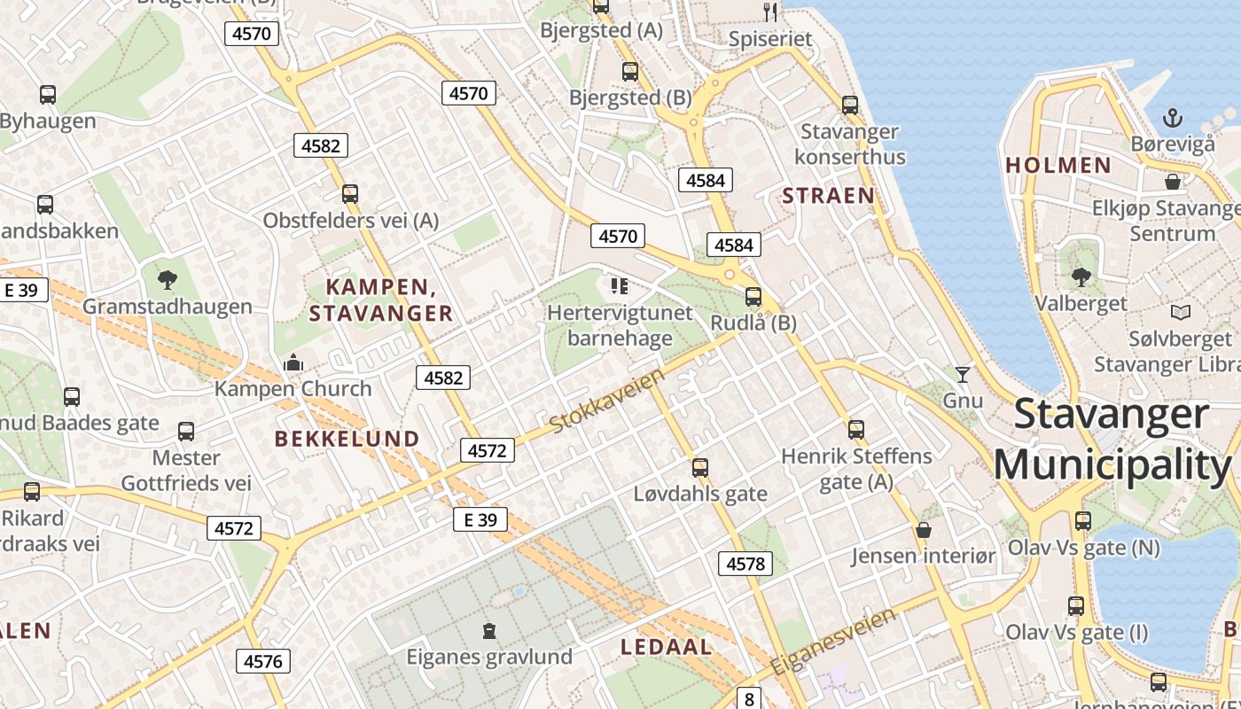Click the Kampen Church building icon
tap(293, 362)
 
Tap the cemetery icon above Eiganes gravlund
tap(488, 631)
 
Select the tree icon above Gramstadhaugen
tap(167, 280)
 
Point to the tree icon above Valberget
tap(1081, 277)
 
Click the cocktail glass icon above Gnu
tap(962, 374)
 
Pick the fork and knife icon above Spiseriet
tap(769, 12)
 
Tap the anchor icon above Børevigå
tap(1173, 117)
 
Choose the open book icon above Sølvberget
tap(1180, 312)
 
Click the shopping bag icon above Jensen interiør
tap(923, 530)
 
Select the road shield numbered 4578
tap(745, 564)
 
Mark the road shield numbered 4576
tap(262, 661)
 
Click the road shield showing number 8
tap(749, 699)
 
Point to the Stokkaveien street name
tap(607, 401)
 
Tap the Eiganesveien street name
tap(832, 641)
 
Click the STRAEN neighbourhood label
tap(828, 196)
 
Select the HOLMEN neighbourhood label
tap(1058, 165)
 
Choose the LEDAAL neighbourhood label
tap(666, 647)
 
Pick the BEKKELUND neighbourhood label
tap(347, 439)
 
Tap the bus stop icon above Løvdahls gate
tap(700, 467)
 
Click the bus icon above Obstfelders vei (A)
tap(350, 193)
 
